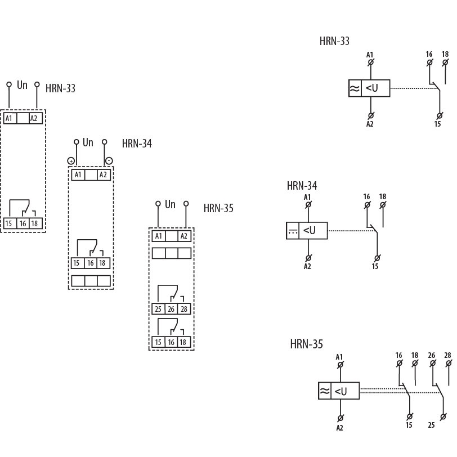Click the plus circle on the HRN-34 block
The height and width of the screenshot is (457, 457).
(x=71, y=161)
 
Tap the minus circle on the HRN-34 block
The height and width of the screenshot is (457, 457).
(x=109, y=161)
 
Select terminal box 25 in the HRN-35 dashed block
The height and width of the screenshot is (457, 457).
(x=158, y=309)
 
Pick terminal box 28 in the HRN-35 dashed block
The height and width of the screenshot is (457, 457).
(x=184, y=309)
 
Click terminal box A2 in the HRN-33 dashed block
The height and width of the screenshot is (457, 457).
(x=35, y=118)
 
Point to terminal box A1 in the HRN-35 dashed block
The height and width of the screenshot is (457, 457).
(x=158, y=236)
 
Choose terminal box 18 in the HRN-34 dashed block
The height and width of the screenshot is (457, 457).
(x=104, y=263)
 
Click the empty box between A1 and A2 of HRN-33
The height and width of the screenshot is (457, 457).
(x=23, y=118)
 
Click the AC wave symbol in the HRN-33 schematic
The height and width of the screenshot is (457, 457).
(x=355, y=88)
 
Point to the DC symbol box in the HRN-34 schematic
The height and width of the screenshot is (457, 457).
(x=292, y=230)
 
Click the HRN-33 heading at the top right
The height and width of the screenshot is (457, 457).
(x=334, y=41)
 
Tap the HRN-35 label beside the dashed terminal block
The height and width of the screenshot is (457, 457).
(x=218, y=208)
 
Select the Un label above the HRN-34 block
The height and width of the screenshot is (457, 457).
(x=88, y=142)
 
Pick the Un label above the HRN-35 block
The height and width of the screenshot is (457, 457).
(x=170, y=204)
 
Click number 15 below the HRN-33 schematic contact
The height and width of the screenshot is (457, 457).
(x=437, y=123)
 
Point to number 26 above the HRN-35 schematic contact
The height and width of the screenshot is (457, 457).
(x=432, y=356)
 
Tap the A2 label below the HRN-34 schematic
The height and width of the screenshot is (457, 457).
(x=307, y=266)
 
